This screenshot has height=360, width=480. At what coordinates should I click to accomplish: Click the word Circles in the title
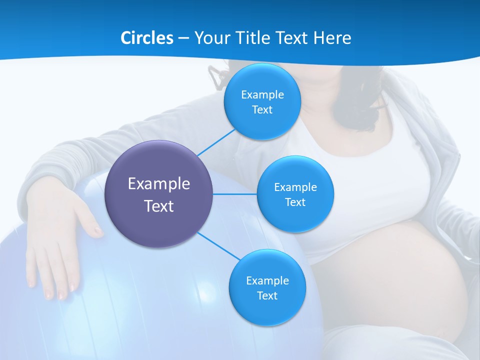click(x=146, y=37)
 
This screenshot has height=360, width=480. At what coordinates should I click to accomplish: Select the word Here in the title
click(x=332, y=37)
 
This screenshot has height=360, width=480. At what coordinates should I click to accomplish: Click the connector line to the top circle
click(x=216, y=142)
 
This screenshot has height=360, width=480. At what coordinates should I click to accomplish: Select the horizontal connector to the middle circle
click(x=235, y=194)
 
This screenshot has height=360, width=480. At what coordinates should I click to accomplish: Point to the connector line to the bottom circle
click(x=218, y=245)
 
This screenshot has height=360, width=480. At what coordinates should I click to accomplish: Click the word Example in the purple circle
click(x=159, y=183)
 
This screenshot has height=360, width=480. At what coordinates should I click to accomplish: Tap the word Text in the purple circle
click(x=159, y=206)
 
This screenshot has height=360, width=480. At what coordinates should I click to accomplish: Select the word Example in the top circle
click(x=262, y=94)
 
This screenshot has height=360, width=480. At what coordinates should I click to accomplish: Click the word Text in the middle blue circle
click(x=295, y=202)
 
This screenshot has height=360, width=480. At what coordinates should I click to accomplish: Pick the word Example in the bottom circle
click(x=267, y=280)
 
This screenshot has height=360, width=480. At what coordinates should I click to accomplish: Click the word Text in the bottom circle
click(x=267, y=295)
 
